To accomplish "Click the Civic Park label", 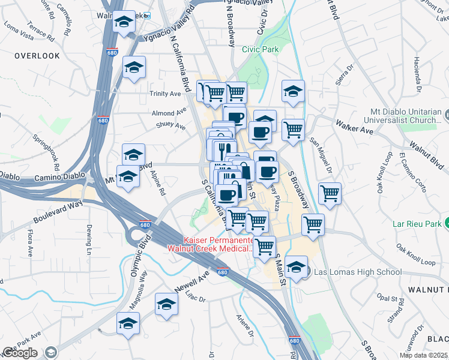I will tap(260, 49).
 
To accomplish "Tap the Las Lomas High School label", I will tap(358, 272).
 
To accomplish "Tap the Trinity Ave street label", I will tap(166, 94).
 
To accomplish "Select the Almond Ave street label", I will tap(169, 113).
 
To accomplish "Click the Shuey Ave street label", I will tap(171, 126).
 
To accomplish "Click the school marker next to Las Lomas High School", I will tap(296, 268).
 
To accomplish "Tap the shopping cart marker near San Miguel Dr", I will tap(330, 193).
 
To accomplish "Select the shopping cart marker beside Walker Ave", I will tap(293, 129).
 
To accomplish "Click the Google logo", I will tap(20, 353).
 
